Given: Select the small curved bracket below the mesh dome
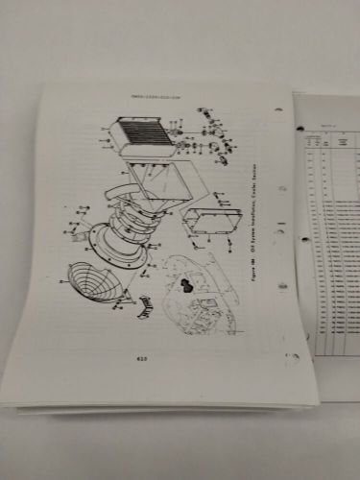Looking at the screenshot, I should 145,306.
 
